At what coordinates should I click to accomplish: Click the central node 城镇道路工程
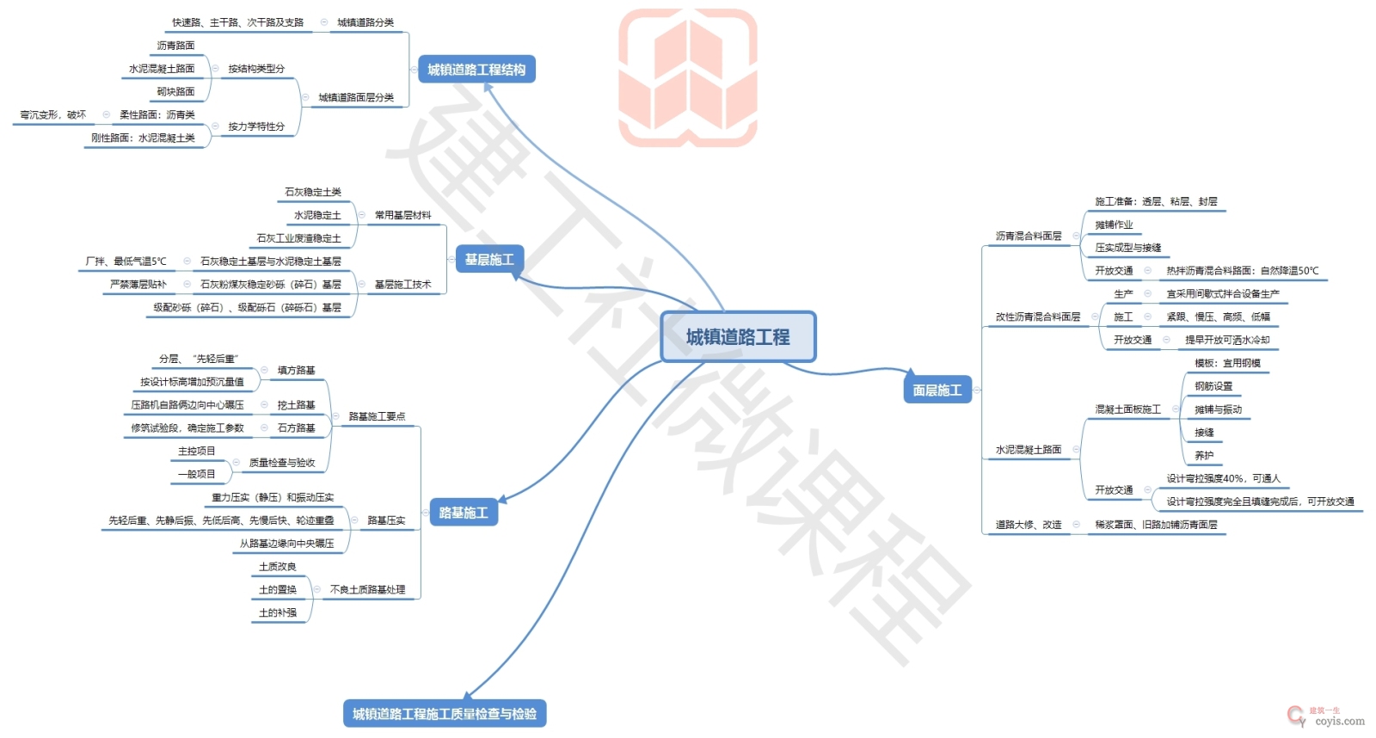coord(738,337)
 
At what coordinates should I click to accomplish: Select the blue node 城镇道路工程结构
coord(476,70)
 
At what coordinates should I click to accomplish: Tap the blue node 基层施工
coord(488,259)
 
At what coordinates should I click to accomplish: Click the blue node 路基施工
coord(463,513)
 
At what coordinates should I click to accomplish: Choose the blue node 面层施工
coord(937,390)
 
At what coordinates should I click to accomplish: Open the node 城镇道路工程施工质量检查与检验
coord(445,713)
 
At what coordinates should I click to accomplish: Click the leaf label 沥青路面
coord(175,46)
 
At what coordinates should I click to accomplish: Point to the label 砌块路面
coord(175,91)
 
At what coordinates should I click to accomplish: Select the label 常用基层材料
coord(402,215)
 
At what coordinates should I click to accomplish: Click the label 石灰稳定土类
coord(313,192)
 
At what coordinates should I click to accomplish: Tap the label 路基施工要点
coord(377,416)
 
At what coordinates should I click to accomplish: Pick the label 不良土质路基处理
coord(367,590)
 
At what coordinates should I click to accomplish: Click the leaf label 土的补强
coord(278,612)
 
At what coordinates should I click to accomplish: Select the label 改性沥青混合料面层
coord(1038,317)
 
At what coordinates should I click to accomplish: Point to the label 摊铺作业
coord(1114,224)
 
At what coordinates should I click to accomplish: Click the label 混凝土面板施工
coord(1127,409)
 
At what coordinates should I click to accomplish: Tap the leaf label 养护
coord(1204,455)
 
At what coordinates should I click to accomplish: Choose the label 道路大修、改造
coord(1029,524)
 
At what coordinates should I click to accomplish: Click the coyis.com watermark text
coord(1339,721)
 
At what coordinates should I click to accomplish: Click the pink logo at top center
coord(688,77)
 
